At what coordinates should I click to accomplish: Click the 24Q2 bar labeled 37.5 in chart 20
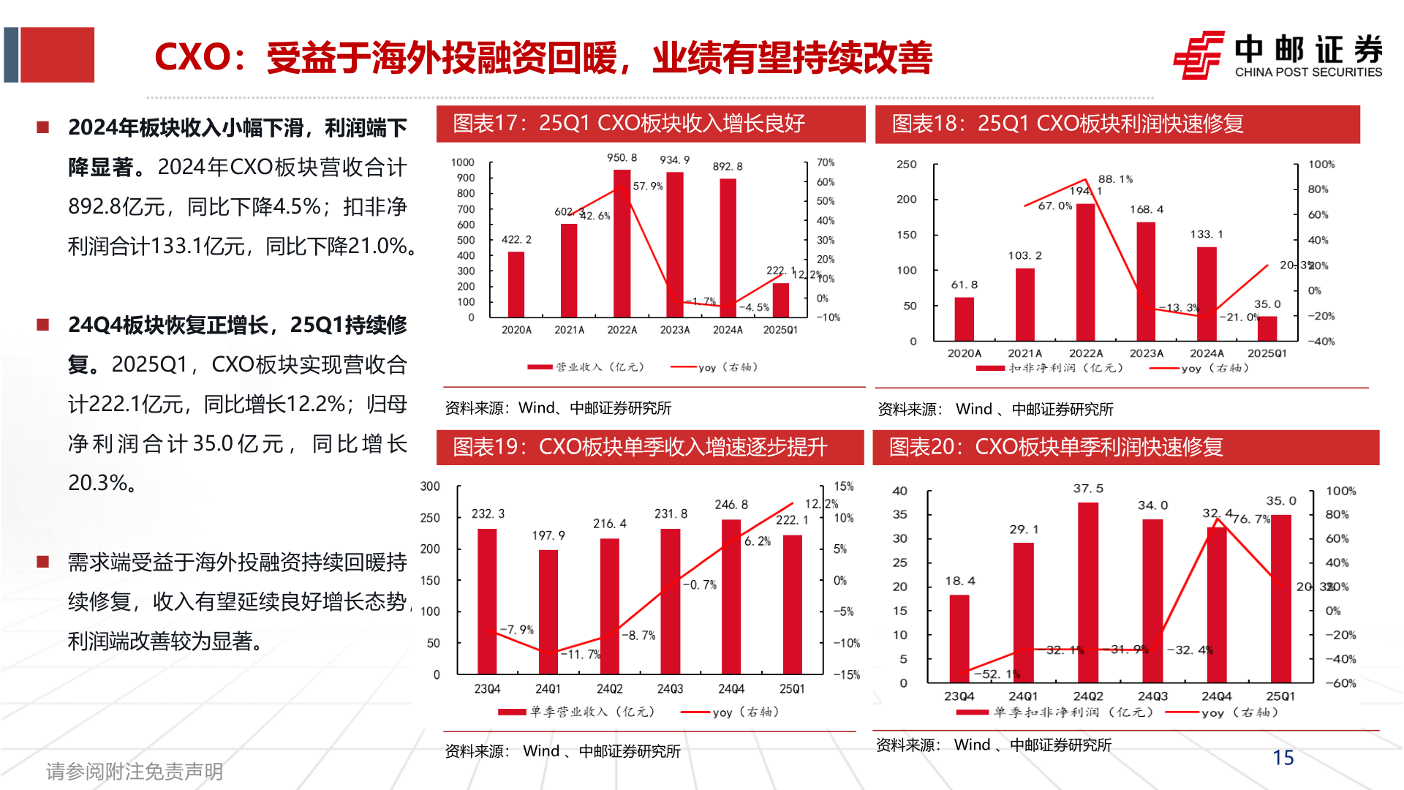1087,592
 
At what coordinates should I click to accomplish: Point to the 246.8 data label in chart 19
731,505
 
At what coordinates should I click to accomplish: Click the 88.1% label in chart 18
1115,179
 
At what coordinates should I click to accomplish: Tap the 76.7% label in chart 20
1251,519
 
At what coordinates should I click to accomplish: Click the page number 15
1283,758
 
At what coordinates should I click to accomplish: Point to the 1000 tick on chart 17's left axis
462,162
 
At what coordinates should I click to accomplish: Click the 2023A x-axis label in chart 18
1146,353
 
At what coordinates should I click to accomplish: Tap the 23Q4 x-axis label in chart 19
487,689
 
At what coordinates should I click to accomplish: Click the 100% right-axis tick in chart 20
1340,491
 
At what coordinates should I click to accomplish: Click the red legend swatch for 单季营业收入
512,712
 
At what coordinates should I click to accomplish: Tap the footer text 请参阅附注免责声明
135,771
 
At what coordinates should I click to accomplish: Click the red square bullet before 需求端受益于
43,562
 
